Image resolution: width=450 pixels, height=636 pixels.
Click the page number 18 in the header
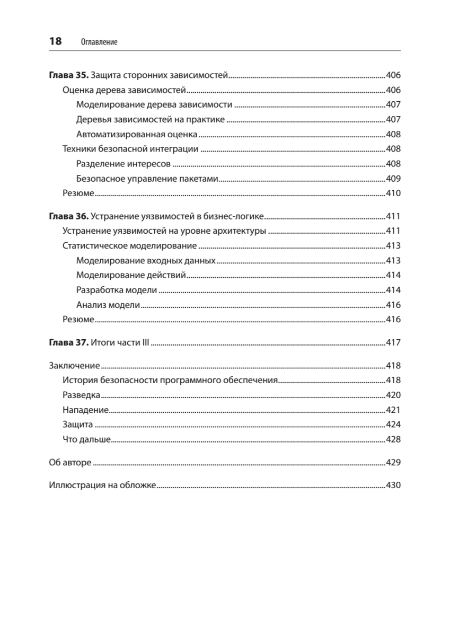[55, 41]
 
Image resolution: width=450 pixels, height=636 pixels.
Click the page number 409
[393, 179]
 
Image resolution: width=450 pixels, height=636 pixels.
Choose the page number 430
[393, 485]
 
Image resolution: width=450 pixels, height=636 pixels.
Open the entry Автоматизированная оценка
[137, 134]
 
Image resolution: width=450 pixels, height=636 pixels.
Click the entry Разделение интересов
[123, 164]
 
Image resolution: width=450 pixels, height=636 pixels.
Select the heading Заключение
[74, 366]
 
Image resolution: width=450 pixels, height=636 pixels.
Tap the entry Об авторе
[70, 463]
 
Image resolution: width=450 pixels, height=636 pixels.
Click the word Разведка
[81, 395]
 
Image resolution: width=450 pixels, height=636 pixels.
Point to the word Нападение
[85, 410]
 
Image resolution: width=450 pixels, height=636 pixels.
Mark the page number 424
[393, 425]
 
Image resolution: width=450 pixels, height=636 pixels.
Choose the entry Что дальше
[86, 439]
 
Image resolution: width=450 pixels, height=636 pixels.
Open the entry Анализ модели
[108, 305]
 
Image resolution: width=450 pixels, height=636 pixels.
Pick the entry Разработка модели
[117, 290]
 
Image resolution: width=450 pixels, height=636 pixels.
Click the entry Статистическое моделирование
[129, 246]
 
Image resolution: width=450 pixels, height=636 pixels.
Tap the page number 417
[393, 343]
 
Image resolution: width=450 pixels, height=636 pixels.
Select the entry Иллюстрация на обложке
[102, 485]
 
